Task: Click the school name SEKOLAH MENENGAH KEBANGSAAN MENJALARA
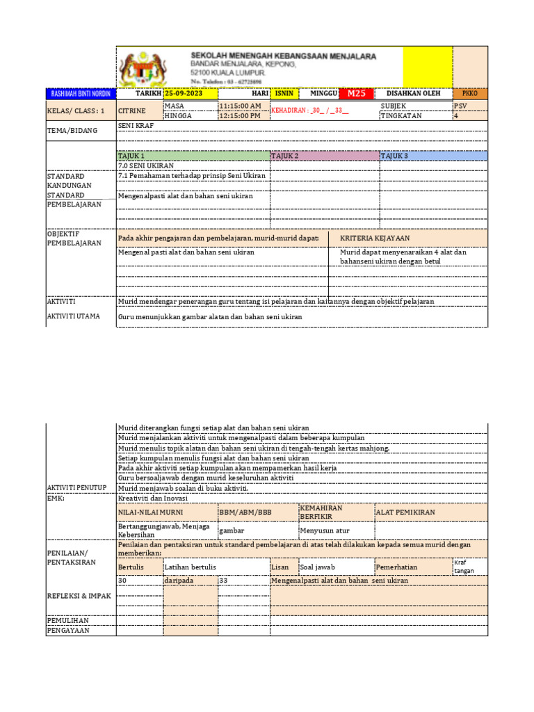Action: pos(284,56)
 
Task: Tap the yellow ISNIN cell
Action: pos(285,94)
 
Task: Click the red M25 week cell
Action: pos(356,94)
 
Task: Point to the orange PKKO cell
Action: pos(470,94)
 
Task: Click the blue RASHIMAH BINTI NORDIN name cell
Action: pos(80,94)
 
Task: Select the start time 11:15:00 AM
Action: pos(241,106)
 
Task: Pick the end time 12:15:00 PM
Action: pos(241,116)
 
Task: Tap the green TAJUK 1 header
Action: pos(193,156)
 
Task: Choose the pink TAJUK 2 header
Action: pos(324,156)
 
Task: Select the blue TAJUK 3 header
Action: pos(433,156)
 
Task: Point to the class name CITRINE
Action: pos(132,111)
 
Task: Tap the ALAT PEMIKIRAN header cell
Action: pos(406,512)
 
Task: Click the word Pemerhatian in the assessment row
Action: pos(397,567)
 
